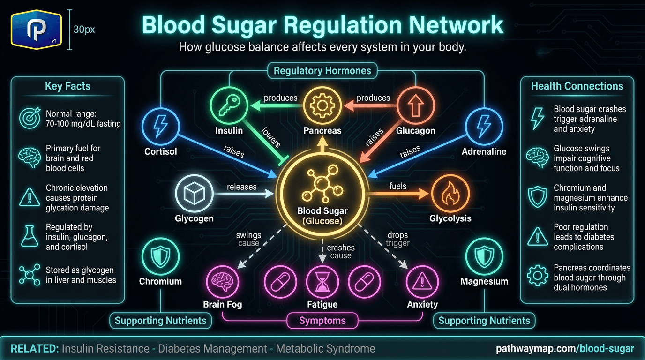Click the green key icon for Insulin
coord(229,106)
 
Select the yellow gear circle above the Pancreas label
coord(322,106)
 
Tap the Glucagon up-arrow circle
coord(415,106)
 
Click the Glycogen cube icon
coord(194,194)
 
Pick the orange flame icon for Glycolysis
coord(450,194)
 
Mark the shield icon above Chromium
coord(160,256)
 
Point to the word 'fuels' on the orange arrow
coord(398,186)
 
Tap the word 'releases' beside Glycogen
coord(241,187)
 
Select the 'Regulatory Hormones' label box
coord(322,71)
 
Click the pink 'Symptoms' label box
coord(322,321)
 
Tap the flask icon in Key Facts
coord(30,236)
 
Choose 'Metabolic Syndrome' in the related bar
coord(325,348)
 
